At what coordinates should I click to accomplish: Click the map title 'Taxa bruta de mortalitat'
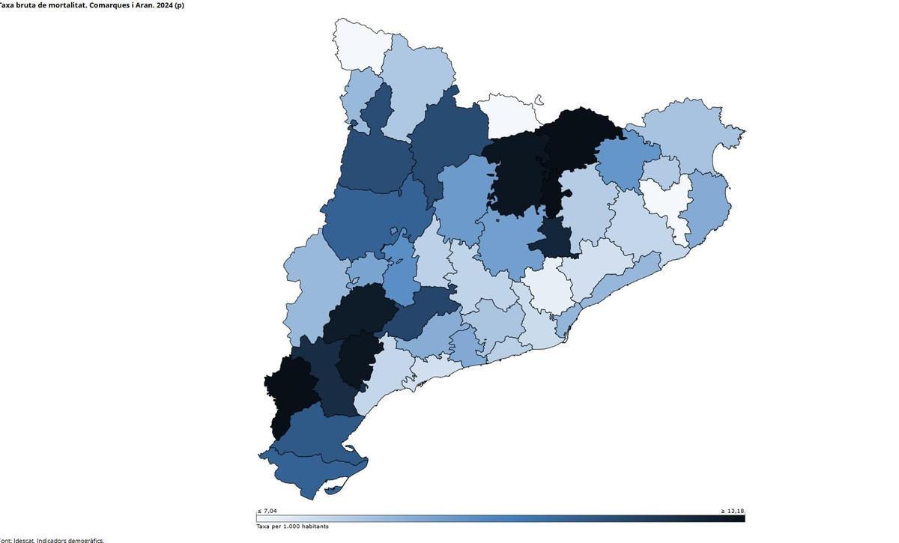pos(90,5)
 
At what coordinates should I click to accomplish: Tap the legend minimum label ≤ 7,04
pos(267,511)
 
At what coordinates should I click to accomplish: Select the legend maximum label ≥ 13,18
pos(732,511)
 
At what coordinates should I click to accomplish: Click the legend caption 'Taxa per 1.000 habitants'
pos(292,527)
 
